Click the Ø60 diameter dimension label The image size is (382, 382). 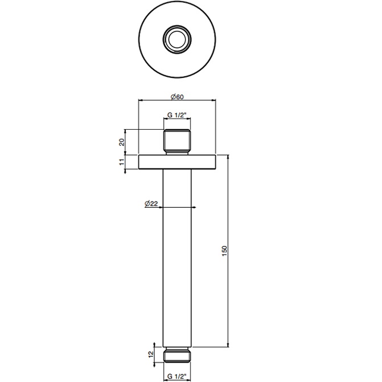click(x=177, y=97)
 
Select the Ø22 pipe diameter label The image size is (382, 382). click(x=151, y=203)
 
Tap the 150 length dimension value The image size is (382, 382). click(x=224, y=250)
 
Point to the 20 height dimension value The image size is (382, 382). click(x=122, y=142)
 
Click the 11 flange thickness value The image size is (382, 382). click(x=122, y=162)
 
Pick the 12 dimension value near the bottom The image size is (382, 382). click(x=151, y=354)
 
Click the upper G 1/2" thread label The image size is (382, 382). click(x=177, y=115)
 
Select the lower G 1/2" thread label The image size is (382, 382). click(x=177, y=376)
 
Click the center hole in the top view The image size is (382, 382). click(x=177, y=39)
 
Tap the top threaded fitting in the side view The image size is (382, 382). click(x=177, y=142)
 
